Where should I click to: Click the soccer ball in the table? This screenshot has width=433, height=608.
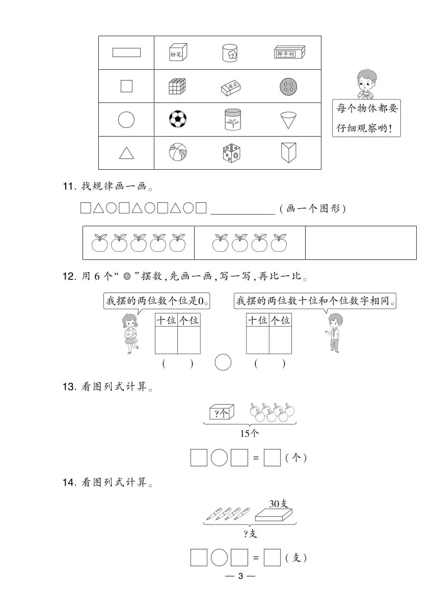(178, 119)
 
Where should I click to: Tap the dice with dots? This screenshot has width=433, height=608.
(231, 152)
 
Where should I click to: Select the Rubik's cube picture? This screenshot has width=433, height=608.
(177, 86)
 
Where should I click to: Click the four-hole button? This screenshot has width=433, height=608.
(288, 87)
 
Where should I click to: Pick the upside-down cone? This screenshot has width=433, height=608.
(288, 120)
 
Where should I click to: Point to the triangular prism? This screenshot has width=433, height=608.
(288, 152)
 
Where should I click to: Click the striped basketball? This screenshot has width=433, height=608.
(178, 152)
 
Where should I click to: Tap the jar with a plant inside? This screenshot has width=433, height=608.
(233, 119)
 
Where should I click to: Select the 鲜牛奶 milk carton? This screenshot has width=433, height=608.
(289, 52)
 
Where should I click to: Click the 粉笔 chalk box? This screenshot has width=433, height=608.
(178, 52)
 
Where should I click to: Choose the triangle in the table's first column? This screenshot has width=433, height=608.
(126, 153)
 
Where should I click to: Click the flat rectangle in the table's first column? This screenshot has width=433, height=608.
(126, 52)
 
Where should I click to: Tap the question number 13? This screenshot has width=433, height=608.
(68, 387)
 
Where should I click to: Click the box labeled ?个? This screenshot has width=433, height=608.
(222, 412)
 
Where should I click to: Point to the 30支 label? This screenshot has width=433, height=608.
(279, 504)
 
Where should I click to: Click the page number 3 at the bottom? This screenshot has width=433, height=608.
(240, 576)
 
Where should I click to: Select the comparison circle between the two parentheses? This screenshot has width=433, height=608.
(223, 362)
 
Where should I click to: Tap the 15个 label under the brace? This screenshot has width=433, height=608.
(249, 433)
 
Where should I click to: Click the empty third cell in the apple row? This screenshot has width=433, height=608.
(361, 243)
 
